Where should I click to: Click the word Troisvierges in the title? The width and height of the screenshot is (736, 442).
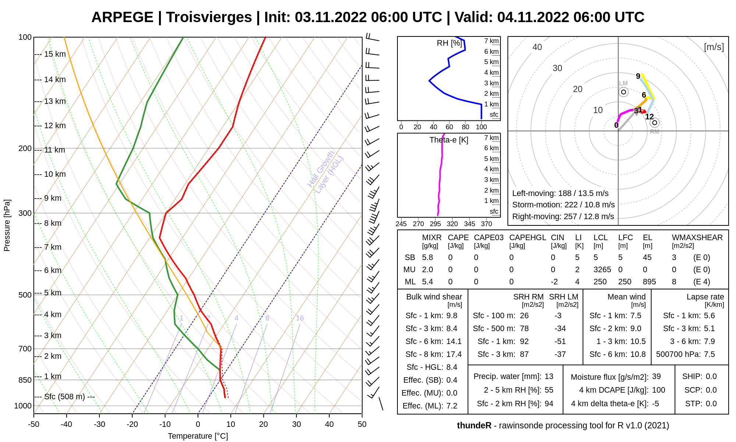[209, 17]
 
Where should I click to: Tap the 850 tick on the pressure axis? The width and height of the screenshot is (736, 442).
[25, 380]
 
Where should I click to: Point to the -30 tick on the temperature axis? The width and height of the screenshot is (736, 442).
[99, 424]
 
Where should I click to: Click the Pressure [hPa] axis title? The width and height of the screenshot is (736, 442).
[7, 225]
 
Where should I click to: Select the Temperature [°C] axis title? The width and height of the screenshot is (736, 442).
[198, 436]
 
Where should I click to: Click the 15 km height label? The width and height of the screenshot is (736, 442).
[55, 54]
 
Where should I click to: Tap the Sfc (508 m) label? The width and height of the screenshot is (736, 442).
[64, 397]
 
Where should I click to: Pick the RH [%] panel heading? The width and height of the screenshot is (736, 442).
[449, 43]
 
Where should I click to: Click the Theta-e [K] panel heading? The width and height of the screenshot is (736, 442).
[449, 140]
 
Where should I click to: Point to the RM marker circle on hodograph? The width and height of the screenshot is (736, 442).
[654, 123]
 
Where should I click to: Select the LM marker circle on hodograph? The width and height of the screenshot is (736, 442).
[623, 92]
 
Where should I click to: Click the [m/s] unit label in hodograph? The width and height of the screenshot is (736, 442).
[714, 47]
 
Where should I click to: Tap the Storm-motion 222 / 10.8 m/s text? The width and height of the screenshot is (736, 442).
[563, 205]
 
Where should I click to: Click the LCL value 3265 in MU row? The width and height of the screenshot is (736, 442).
[602, 270]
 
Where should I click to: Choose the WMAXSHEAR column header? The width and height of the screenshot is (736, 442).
[697, 238]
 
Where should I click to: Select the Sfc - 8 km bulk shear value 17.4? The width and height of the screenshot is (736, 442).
[454, 354]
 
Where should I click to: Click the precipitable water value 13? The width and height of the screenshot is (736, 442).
[549, 376]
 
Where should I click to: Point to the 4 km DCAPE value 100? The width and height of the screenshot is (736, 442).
[658, 390]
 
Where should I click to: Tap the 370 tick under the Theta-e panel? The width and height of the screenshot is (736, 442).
[486, 224]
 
